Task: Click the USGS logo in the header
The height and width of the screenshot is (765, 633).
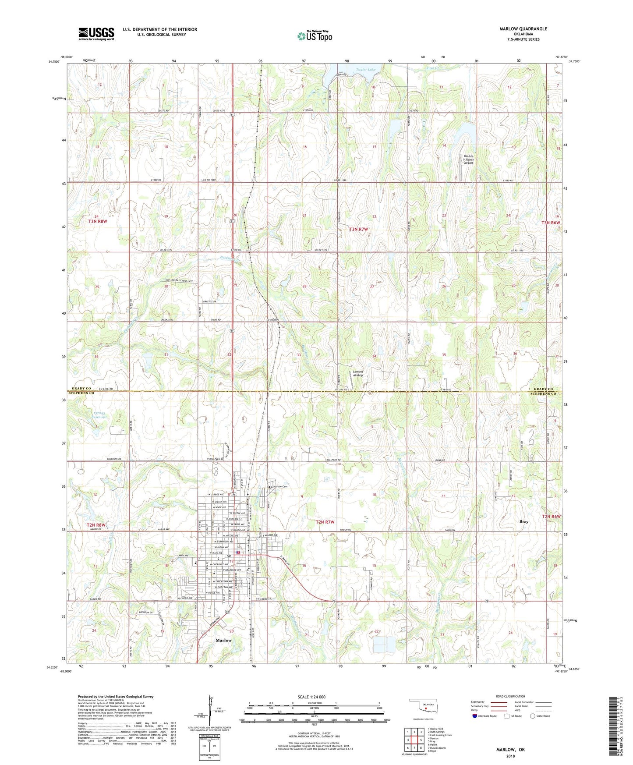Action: [x=96, y=33]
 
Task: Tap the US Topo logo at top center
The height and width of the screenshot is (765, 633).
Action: [x=314, y=35]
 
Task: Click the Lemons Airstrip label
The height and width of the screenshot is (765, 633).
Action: [x=358, y=373]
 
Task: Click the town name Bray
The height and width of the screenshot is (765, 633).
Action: [x=523, y=521]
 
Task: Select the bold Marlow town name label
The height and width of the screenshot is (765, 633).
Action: [x=223, y=640]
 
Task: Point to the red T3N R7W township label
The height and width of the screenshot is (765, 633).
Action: [x=358, y=229]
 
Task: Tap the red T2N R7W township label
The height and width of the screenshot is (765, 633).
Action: [x=325, y=522]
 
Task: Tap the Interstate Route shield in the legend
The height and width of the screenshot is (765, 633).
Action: [x=475, y=716]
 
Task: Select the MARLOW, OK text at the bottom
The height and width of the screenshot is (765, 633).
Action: [x=510, y=750]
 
